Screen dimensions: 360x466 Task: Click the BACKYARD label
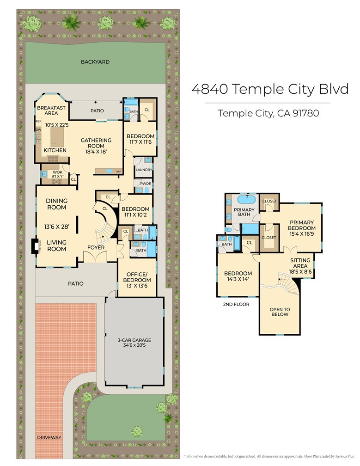click(x=95, y=62)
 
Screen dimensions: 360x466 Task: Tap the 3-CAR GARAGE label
click(x=134, y=340)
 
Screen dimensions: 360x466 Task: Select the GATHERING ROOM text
click(x=96, y=143)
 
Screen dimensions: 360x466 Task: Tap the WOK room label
click(x=58, y=172)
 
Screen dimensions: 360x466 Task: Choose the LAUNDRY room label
click(x=144, y=170)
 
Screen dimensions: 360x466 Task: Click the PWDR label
click(x=146, y=184)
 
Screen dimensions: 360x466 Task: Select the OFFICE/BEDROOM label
click(x=137, y=277)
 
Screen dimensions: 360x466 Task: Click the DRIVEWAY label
click(x=49, y=437)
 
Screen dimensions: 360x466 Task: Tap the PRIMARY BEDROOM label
click(x=302, y=225)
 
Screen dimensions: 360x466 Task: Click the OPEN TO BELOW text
click(x=280, y=312)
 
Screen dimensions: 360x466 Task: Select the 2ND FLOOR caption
click(x=236, y=304)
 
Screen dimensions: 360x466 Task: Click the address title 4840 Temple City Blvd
click(x=270, y=89)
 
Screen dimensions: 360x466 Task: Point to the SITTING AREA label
click(x=300, y=263)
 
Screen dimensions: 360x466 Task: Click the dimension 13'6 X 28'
click(x=57, y=227)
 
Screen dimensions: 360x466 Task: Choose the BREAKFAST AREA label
click(x=51, y=110)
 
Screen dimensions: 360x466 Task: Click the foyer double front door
click(x=95, y=257)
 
